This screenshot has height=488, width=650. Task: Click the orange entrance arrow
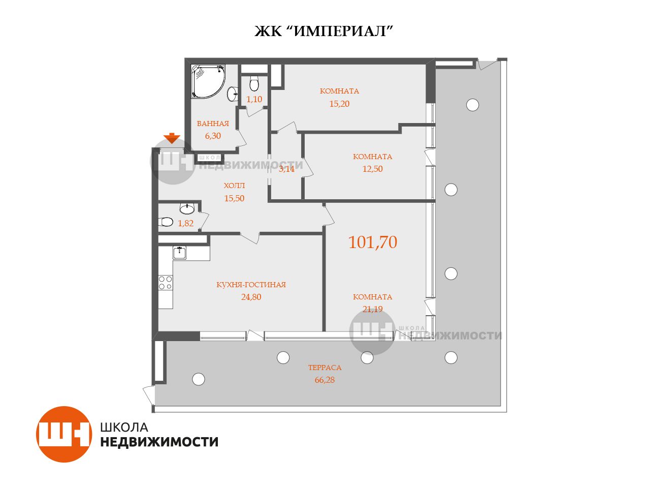tap(172, 138)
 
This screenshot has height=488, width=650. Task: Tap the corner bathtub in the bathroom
tap(208, 81)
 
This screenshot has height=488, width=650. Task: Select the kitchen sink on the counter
tap(179, 253)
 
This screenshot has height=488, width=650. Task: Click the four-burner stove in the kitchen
tap(165, 282)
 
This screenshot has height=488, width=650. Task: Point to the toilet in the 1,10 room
tap(254, 83)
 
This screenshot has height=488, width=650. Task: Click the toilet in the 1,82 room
tap(166, 222)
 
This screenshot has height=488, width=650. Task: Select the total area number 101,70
tap(373, 242)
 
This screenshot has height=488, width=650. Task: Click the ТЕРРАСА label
tap(324, 368)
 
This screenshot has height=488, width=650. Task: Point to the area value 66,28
tap(324, 380)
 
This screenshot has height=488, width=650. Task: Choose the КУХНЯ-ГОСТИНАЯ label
tap(251, 285)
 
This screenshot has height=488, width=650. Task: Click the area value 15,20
tap(339, 104)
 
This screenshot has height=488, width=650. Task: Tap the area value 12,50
tap(373, 169)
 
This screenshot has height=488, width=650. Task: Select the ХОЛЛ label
tap(234, 186)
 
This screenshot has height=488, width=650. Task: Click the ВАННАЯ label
tap(213, 124)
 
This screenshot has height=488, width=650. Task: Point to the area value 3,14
tap(286, 169)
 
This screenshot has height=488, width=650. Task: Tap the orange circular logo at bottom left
tap(64, 434)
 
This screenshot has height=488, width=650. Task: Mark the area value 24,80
tap(251, 297)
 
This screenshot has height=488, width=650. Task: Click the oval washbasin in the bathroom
tap(233, 94)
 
